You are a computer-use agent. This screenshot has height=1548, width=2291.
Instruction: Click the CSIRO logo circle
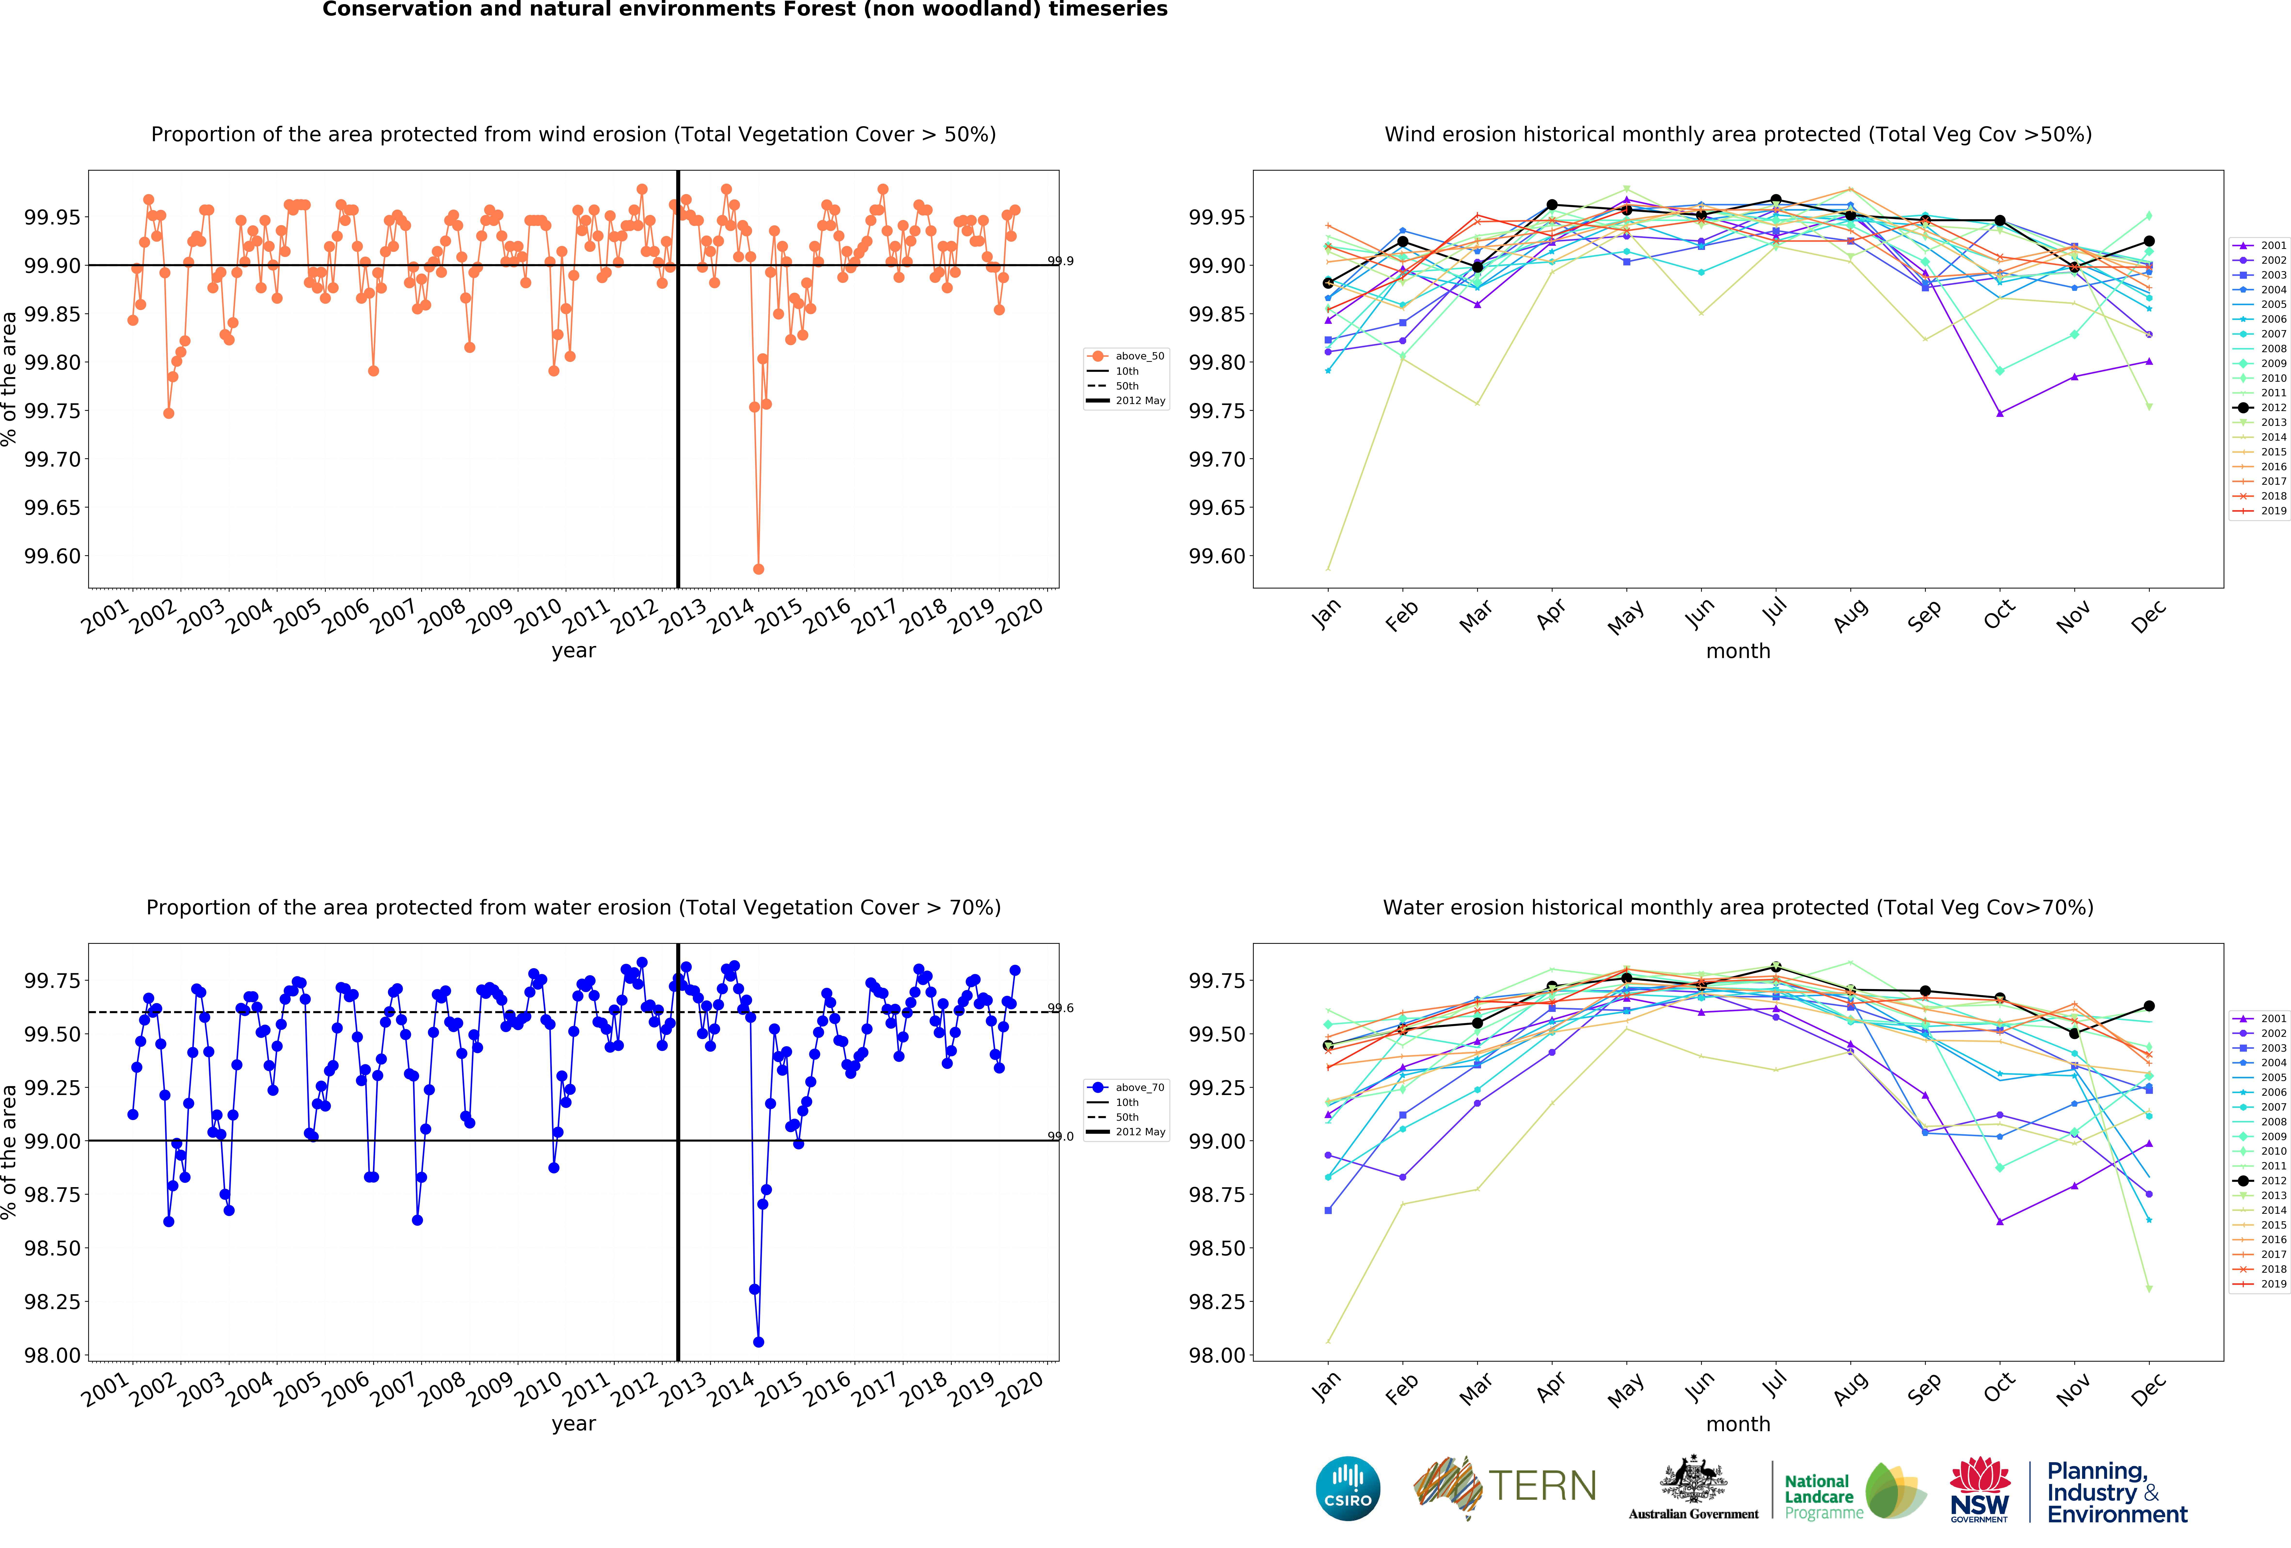(1348, 1488)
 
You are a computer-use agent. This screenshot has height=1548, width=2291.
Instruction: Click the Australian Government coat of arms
(1693, 1479)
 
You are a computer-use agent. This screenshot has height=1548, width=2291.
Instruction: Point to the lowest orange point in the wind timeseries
(758, 569)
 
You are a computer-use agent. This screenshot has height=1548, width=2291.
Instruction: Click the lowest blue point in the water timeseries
(758, 1342)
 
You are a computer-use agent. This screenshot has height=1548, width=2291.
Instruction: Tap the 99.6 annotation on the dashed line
(1061, 1008)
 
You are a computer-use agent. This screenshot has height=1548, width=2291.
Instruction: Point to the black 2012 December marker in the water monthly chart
(2149, 1006)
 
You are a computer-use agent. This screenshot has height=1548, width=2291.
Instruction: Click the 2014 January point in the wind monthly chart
(1328, 569)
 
